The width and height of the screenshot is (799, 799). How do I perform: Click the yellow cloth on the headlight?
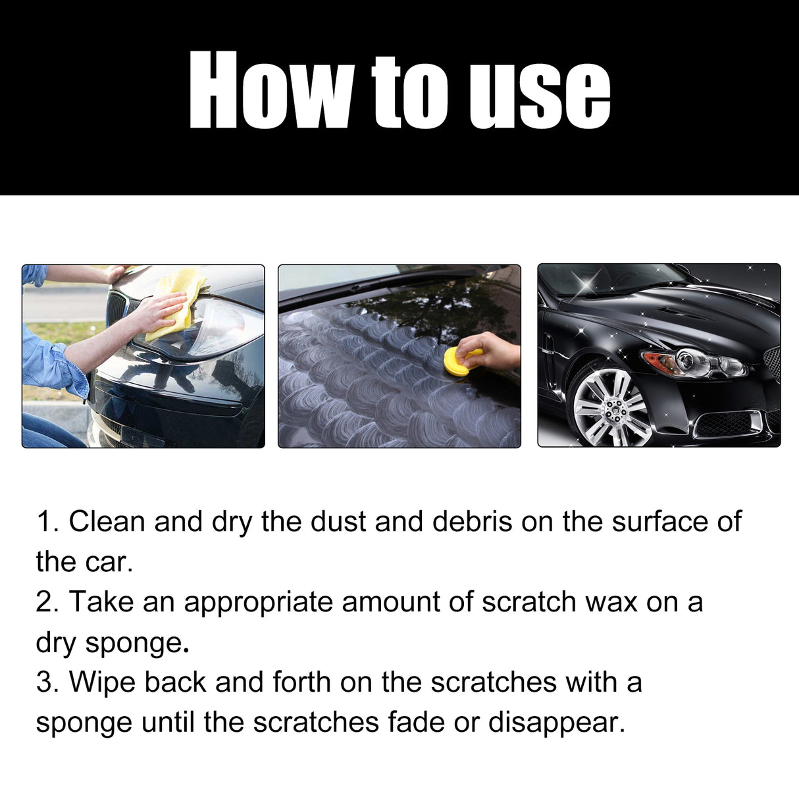tap(176, 299)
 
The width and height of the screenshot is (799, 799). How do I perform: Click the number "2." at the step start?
tap(48, 602)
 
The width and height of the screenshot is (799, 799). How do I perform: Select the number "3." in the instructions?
tap(48, 683)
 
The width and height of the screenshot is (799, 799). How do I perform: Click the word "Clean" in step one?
tap(107, 522)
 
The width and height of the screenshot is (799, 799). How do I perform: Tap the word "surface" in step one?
tap(659, 522)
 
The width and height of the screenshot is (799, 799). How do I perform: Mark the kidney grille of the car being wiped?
tap(117, 308)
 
